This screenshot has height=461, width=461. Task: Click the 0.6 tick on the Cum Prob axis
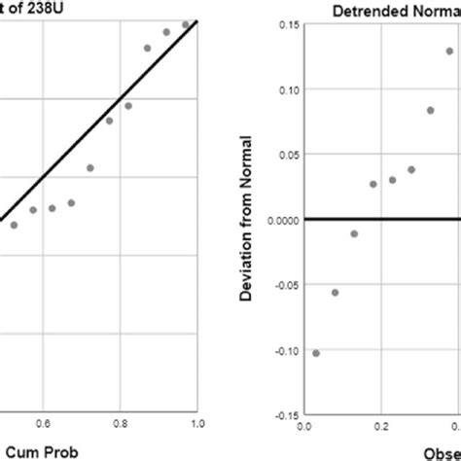click(44, 423)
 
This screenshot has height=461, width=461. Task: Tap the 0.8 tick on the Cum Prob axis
click(121, 423)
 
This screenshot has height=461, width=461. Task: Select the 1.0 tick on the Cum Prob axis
click(197, 423)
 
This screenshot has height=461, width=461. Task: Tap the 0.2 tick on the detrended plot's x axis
click(381, 426)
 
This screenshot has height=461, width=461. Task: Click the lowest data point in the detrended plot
click(316, 353)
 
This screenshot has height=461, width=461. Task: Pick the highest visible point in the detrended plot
click(450, 52)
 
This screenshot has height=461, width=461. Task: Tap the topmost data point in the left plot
click(186, 24)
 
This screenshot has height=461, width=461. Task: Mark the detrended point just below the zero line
click(354, 233)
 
